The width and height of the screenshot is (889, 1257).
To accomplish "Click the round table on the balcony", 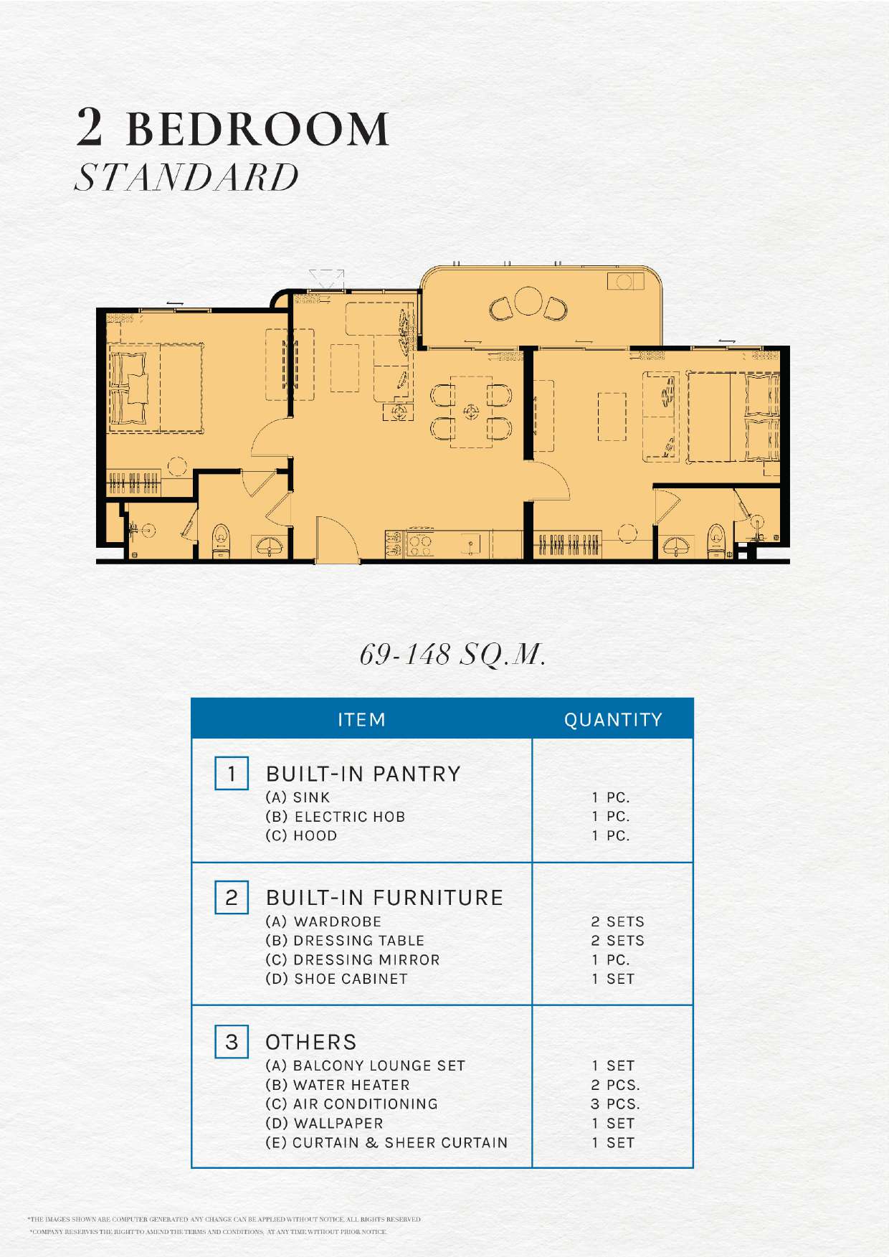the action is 528,301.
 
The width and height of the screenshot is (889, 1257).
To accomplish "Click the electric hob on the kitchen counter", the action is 419,544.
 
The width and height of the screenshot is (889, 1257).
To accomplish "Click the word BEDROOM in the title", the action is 258,129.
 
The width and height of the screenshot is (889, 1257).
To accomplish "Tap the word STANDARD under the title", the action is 186,177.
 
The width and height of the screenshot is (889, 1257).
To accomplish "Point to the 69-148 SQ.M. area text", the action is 452,654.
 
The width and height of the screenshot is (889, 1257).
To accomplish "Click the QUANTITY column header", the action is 613,720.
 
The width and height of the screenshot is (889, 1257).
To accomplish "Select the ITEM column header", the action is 361,720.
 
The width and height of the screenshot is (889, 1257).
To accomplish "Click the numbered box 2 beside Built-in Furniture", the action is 232,898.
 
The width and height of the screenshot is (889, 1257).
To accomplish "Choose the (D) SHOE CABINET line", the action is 336,979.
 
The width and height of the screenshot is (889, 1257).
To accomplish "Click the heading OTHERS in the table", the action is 311,1042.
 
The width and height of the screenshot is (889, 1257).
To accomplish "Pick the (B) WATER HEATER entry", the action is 338,1085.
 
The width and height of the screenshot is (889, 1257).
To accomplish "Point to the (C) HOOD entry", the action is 301,835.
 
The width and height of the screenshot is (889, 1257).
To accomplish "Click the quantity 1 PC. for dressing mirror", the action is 611,959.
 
